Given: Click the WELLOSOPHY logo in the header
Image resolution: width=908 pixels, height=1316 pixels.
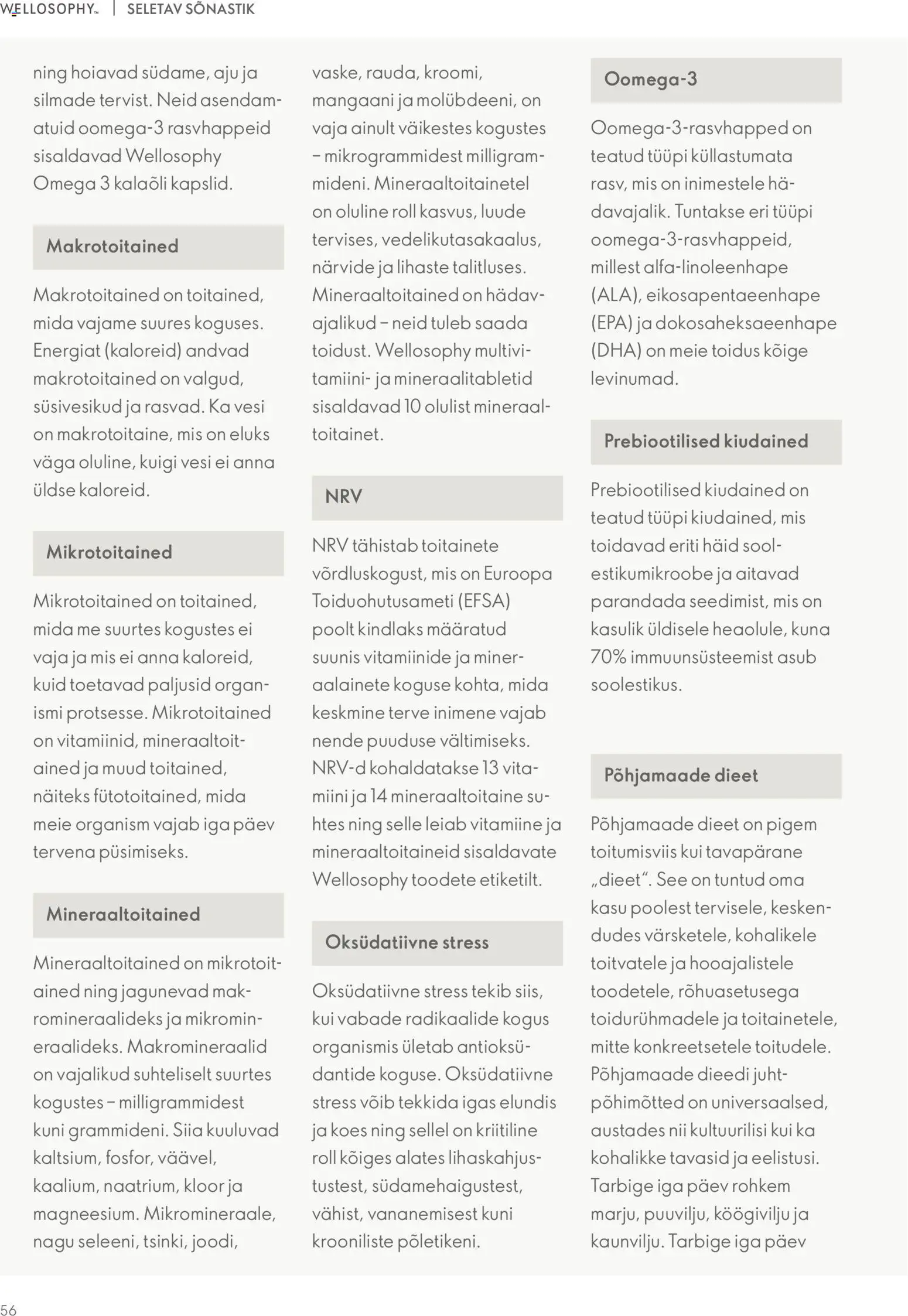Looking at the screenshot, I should point(49,9).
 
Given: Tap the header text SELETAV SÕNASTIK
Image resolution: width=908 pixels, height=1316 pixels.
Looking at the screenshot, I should point(190,9).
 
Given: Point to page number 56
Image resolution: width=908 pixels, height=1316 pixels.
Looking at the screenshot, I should point(9,1310).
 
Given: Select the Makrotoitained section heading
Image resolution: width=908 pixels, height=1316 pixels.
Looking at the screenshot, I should point(112,247).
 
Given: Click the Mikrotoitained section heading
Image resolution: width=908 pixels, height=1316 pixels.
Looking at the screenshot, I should point(109,553).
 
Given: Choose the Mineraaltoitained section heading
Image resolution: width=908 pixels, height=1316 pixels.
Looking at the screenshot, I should point(123,915).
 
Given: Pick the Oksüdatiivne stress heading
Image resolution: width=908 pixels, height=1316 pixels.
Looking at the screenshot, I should point(407,942).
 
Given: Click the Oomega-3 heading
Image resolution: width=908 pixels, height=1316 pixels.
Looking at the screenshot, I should point(650,79).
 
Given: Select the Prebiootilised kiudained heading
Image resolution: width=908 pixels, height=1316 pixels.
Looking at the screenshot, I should point(706,442).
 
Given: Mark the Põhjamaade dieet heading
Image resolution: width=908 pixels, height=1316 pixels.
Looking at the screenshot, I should point(681,776).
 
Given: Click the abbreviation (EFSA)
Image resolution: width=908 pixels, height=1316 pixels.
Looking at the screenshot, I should point(484,601).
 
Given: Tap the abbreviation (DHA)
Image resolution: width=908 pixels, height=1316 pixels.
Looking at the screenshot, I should point(615,351).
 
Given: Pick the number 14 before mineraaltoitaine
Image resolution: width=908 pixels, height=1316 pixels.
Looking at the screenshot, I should point(378,797).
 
